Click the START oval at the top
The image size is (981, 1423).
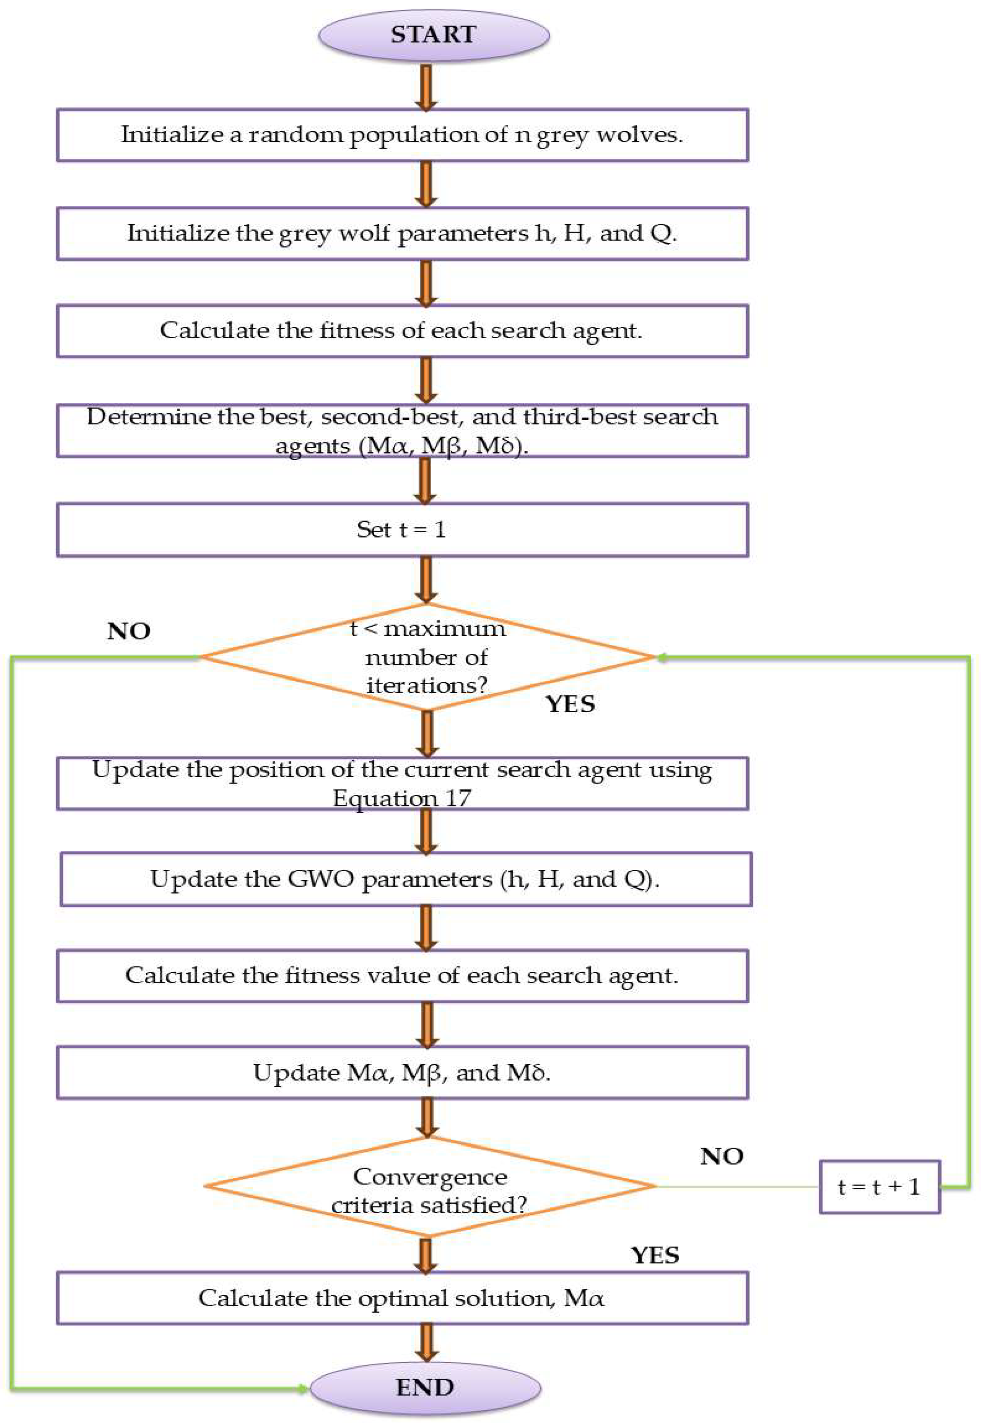pyautogui.click(x=433, y=35)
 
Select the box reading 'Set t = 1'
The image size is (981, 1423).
pyautogui.click(x=402, y=530)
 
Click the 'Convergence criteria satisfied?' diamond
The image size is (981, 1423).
pyautogui.click(x=430, y=1186)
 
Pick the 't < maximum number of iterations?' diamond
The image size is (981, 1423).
pyautogui.click(x=427, y=656)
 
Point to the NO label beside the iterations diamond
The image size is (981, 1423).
pyautogui.click(x=129, y=631)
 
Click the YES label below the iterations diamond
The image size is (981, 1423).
pyautogui.click(x=570, y=704)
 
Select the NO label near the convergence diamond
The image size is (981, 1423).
pyautogui.click(x=721, y=1156)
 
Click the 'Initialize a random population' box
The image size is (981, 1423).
pyautogui.click(x=402, y=135)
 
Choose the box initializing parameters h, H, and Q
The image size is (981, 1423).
pyautogui.click(x=402, y=234)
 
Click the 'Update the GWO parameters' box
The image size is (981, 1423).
pyautogui.click(x=406, y=879)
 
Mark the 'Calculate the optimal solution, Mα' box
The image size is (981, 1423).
pyautogui.click(x=402, y=1298)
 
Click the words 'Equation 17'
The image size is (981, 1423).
pyautogui.click(x=402, y=798)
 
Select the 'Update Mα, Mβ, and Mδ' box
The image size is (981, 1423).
pyautogui.click(x=402, y=1073)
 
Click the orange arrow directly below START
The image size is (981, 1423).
pyautogui.click(x=426, y=86)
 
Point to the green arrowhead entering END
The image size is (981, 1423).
pyautogui.click(x=302, y=1388)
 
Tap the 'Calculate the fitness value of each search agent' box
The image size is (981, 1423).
pyautogui.click(x=402, y=976)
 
